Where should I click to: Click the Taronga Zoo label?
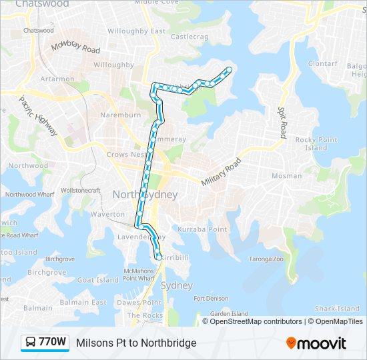pos(266,259)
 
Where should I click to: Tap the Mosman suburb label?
pos(287,177)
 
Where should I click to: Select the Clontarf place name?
pos(323,64)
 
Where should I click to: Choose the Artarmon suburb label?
pos(57,79)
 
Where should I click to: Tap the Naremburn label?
pos(120,115)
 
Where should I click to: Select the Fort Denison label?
pos(211,299)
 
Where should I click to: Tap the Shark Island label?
pos(337,309)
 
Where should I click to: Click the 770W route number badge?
pos(45,343)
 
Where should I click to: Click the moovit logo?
pos(316,343)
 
